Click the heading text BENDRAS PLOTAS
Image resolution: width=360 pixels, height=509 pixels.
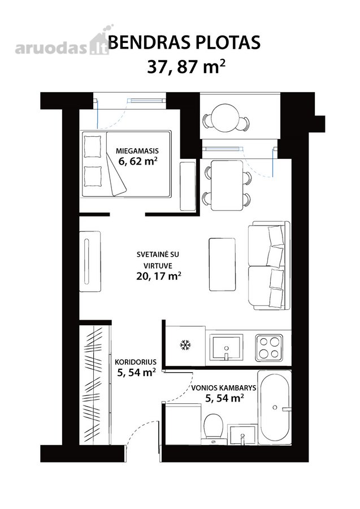184,42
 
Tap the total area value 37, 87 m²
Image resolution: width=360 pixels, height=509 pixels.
186,67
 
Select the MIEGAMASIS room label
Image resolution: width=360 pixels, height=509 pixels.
137,151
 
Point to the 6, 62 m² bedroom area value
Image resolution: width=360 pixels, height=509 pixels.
138,161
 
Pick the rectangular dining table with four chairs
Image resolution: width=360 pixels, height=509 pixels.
227,186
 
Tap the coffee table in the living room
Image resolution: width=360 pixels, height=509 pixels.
222,264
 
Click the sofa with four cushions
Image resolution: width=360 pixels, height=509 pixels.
269,265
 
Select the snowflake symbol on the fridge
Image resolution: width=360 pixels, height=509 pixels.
185,345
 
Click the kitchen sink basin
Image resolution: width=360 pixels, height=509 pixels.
227,347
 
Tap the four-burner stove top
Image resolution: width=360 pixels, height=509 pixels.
269,348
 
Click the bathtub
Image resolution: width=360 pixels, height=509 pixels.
274,408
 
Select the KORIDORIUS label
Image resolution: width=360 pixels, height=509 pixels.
136,363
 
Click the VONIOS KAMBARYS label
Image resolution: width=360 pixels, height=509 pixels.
223,387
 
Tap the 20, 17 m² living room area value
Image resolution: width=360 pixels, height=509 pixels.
159,276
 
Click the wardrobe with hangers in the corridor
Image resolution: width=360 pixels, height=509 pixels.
94,385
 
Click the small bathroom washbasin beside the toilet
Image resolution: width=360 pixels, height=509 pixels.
242,435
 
